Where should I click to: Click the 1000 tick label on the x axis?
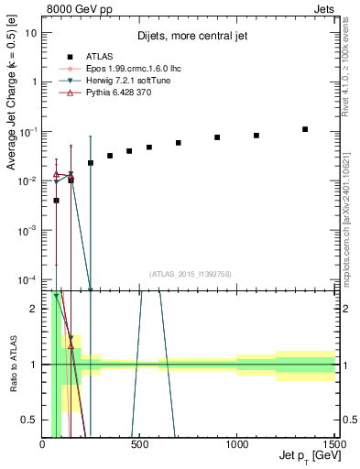click(237, 444)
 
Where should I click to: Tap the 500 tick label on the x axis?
click(140, 444)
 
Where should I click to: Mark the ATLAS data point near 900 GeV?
click(217, 137)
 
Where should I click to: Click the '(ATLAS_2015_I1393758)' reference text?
click(190, 273)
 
